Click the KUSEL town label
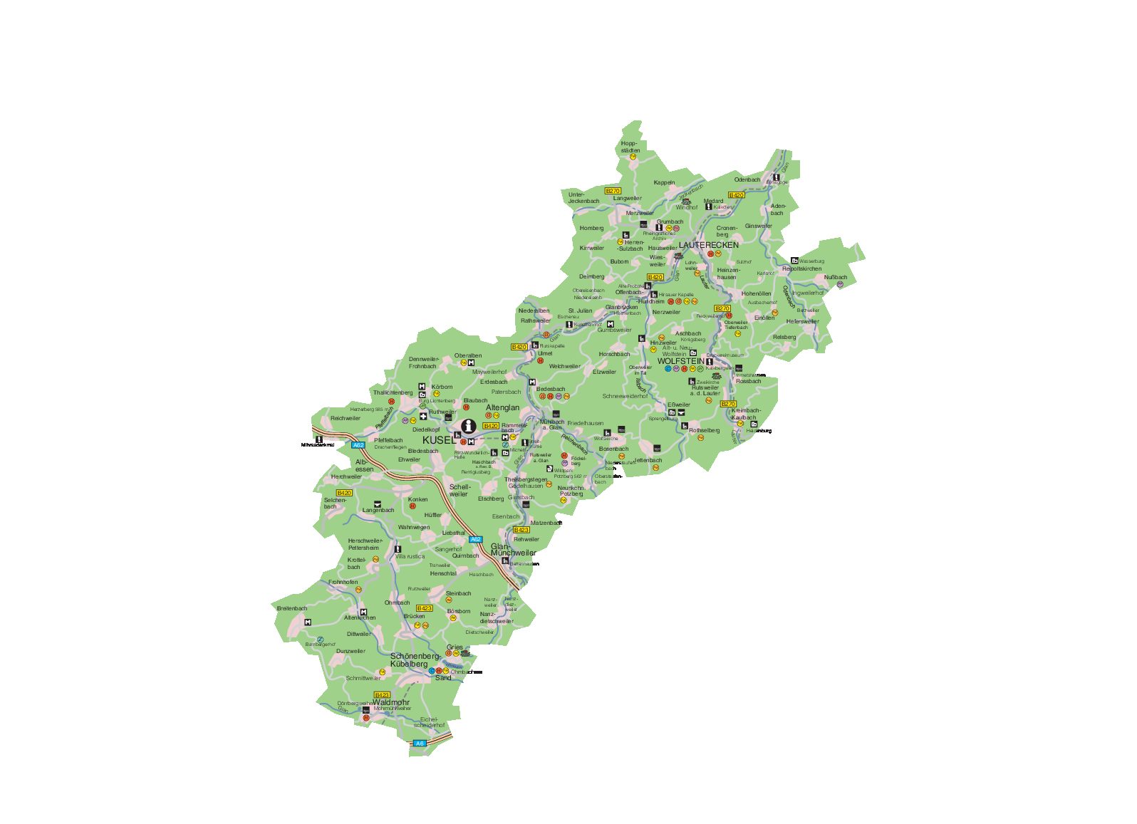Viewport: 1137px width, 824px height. click(438, 440)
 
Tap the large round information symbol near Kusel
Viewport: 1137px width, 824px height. click(468, 427)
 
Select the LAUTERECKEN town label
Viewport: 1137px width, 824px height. click(708, 245)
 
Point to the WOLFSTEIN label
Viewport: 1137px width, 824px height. click(680, 361)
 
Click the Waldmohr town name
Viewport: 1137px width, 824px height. click(390, 702)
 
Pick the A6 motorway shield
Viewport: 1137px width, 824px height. click(420, 744)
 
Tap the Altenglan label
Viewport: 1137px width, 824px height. click(502, 407)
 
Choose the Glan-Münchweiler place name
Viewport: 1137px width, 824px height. click(513, 549)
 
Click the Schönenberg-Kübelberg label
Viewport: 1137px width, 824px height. click(415, 659)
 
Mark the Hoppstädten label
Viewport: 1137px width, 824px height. click(630, 147)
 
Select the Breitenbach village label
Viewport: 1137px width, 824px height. click(292, 608)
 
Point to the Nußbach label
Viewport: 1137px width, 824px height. click(836, 277)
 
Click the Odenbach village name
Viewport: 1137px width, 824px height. click(747, 179)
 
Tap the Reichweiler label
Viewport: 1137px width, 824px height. click(346, 418)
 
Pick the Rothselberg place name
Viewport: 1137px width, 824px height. click(704, 430)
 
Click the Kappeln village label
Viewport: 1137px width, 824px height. click(664, 182)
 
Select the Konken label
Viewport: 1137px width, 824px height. click(418, 499)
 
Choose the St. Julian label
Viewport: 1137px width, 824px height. click(580, 311)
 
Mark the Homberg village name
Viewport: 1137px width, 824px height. click(591, 228)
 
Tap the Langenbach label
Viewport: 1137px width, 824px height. click(378, 510)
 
